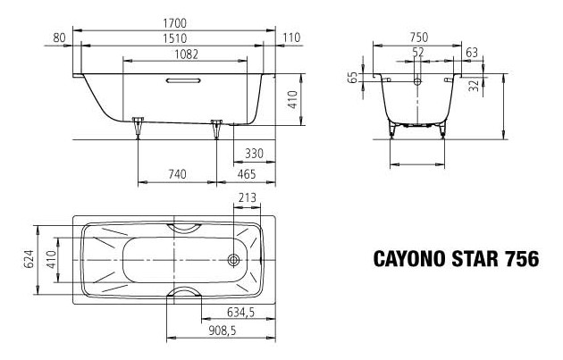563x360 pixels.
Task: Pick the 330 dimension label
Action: pos(254,154)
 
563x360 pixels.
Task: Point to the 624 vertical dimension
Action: pos(28,260)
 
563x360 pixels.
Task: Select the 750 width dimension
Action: pos(417,37)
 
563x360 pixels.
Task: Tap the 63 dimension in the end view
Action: pos(471,54)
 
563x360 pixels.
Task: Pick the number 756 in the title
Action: pos(520,260)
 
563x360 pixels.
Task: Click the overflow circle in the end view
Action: pos(417,80)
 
